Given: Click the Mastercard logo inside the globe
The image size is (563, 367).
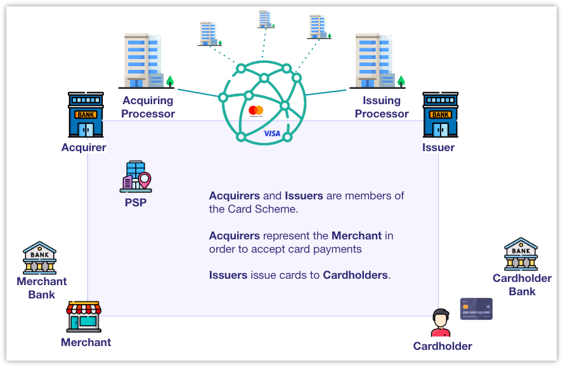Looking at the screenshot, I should pyautogui.click(x=256, y=111).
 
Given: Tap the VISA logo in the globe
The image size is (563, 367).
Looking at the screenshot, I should pyautogui.click(x=272, y=133).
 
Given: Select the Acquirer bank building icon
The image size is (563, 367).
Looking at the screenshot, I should pyautogui.click(x=86, y=115).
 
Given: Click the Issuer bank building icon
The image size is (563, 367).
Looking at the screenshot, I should pyautogui.click(x=440, y=115).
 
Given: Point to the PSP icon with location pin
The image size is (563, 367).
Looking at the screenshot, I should pyautogui.click(x=136, y=177).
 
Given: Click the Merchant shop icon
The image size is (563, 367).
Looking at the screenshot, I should pyautogui.click(x=84, y=317).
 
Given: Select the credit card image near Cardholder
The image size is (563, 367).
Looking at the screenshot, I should pyautogui.click(x=476, y=309).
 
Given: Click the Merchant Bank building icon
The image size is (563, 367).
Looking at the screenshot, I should pyautogui.click(x=39, y=258).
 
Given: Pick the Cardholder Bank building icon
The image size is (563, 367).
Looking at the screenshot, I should pyautogui.click(x=521, y=255).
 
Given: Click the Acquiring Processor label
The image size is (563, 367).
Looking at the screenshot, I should pyautogui.click(x=148, y=107).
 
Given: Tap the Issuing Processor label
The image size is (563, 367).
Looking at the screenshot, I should pyautogui.click(x=382, y=107).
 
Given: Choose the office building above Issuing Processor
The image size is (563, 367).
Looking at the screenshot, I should pyautogui.click(x=374, y=61).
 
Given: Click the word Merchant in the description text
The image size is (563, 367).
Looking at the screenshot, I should pyautogui.click(x=356, y=236).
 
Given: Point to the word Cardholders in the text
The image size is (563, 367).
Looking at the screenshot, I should pyautogui.click(x=355, y=275).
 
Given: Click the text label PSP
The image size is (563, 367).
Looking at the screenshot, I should pyautogui.click(x=136, y=203).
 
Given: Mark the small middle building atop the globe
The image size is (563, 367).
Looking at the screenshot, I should pyautogui.click(x=266, y=19).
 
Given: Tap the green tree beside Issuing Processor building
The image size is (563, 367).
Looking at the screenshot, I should pyautogui.click(x=401, y=81).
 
